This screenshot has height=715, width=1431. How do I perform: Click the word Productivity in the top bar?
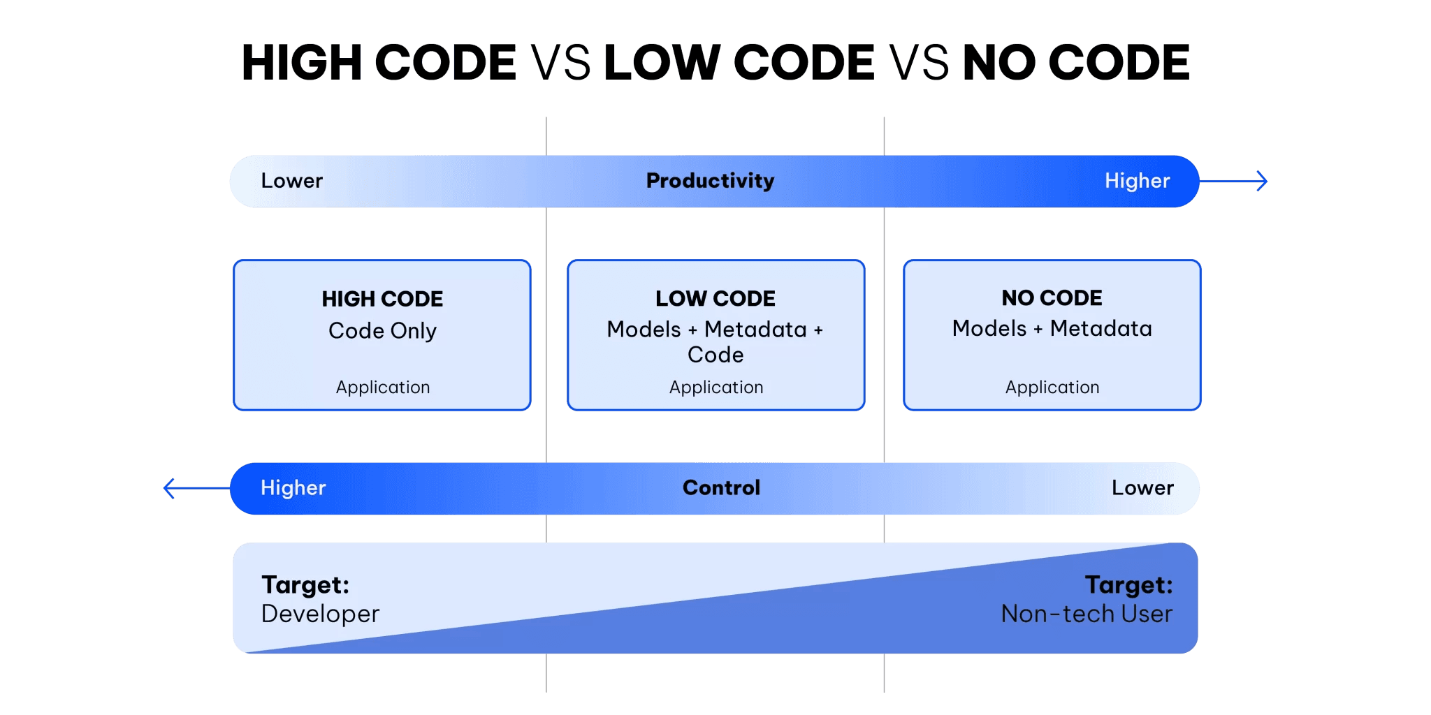[x=710, y=181]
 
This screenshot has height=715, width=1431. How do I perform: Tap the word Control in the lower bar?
[x=721, y=487]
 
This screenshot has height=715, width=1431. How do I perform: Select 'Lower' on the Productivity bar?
[x=291, y=181]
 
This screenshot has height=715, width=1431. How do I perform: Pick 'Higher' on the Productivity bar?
[x=1137, y=181]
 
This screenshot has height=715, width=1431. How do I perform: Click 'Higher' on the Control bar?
[x=293, y=487]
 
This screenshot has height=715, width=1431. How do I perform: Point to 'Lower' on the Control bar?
[x=1142, y=487]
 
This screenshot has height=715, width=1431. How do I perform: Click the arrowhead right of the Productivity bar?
[x=1262, y=182]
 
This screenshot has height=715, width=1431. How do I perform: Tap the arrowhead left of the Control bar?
[x=169, y=488]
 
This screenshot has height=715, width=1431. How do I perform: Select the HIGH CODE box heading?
[x=382, y=299]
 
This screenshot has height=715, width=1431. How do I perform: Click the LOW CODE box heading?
[x=715, y=299]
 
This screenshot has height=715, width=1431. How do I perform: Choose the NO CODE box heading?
[x=1052, y=298]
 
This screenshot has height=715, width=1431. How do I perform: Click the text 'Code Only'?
[x=382, y=331]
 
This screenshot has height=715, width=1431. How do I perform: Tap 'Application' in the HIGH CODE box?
[x=383, y=388]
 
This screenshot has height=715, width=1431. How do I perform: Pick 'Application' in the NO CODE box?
[x=1052, y=388]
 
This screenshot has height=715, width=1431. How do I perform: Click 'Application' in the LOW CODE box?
[x=716, y=388]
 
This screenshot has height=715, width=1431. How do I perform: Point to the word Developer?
[x=320, y=614]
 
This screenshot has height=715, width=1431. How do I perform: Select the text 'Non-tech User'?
[x=1087, y=614]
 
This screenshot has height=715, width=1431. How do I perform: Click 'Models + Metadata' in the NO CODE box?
[x=1052, y=329]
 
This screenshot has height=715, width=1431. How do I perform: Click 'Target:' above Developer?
[x=305, y=584]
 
